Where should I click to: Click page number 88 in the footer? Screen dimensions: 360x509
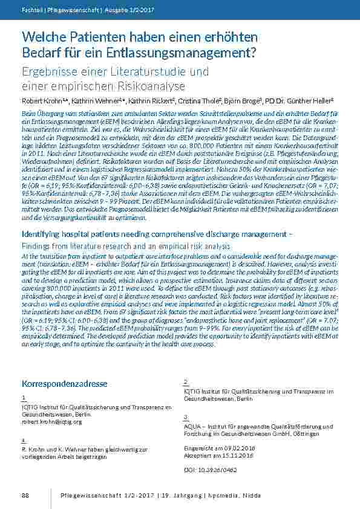click(25, 496)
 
